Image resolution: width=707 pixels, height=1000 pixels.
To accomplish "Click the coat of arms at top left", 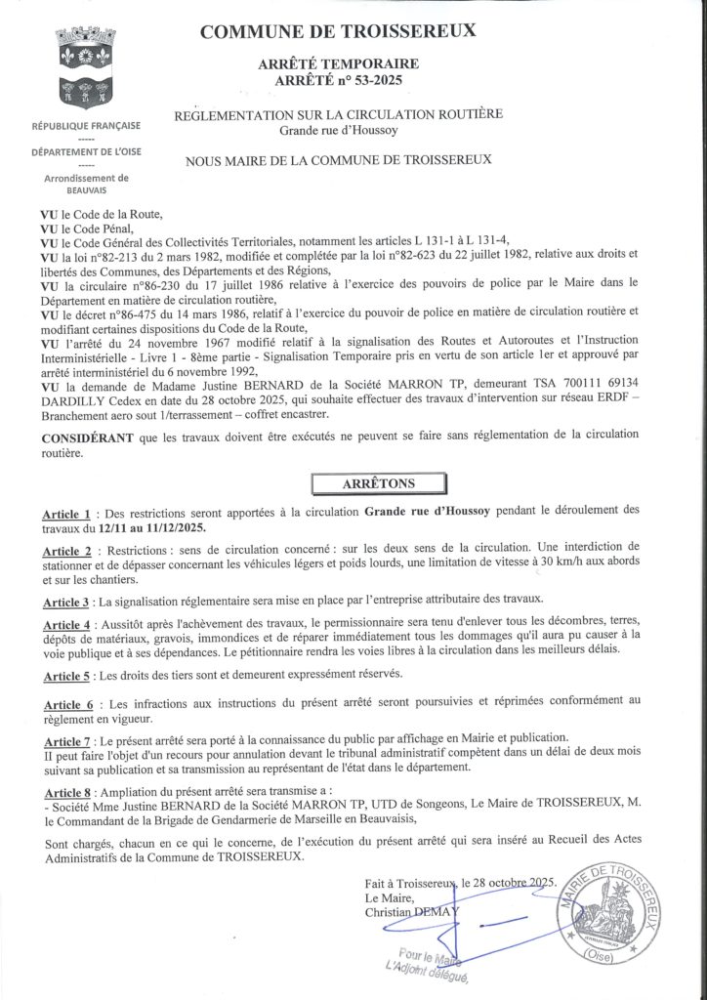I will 87,69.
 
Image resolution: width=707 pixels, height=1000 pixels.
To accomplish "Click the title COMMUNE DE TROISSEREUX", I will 338,32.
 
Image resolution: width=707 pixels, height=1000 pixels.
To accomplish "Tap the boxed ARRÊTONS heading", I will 378,482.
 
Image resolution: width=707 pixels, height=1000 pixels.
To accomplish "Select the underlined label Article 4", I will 66,623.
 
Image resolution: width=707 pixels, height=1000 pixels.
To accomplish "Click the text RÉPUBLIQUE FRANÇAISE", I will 86,126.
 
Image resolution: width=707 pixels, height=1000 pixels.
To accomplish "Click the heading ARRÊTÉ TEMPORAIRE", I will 338,63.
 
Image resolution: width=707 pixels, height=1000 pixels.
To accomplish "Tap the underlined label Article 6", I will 66,703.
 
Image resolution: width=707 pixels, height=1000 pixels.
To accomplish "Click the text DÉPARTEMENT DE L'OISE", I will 86,152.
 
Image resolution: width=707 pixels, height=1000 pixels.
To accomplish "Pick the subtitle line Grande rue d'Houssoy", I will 338,130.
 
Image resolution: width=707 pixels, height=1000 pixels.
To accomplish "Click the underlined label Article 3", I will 66,599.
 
